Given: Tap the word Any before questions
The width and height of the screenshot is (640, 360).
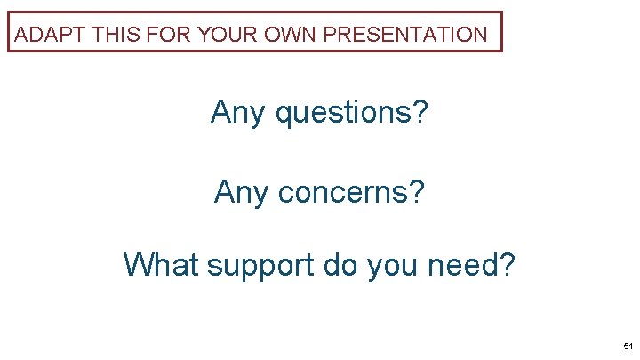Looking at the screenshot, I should pyautogui.click(x=237, y=114).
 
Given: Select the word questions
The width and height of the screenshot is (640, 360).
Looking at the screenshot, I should pyautogui.click(x=344, y=114).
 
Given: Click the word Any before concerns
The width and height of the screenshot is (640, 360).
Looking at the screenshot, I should pyautogui.click(x=241, y=191).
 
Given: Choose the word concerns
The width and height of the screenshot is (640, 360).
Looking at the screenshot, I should pyautogui.click(x=344, y=191).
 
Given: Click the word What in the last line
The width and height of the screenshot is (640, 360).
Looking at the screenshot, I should pyautogui.click(x=162, y=264).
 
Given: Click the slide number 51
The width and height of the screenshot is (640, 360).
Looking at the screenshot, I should pyautogui.click(x=628, y=346).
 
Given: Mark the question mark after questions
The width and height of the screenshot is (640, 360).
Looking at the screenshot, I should pyautogui.click(x=420, y=113).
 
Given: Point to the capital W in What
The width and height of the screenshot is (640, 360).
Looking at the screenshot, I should pyautogui.click(x=138, y=264).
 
